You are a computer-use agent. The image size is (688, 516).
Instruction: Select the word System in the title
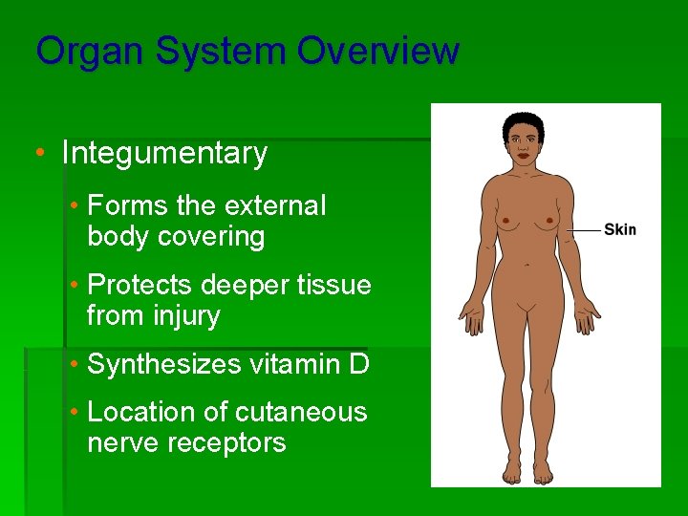(x=214, y=51)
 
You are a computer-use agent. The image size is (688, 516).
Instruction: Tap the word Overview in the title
(x=378, y=51)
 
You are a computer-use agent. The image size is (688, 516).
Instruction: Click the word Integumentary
(x=164, y=153)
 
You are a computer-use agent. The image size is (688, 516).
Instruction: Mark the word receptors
(x=234, y=443)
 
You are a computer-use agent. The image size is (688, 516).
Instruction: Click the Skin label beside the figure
(x=619, y=230)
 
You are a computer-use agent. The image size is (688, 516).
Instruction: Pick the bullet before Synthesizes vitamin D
(x=75, y=364)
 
